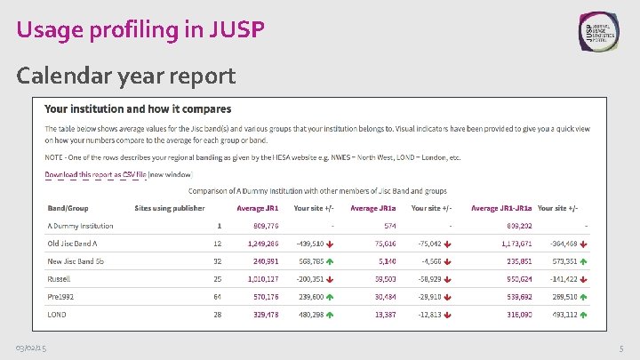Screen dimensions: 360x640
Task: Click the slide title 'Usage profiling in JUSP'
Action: click(140, 29)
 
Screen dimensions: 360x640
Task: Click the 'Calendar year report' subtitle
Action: click(126, 76)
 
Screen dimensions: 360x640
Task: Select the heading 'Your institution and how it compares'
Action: click(138, 109)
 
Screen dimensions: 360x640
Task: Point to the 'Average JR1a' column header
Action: click(373, 208)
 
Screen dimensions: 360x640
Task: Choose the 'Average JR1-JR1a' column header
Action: click(501, 208)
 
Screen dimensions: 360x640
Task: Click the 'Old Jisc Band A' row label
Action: click(74, 243)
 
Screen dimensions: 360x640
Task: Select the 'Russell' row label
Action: click(59, 278)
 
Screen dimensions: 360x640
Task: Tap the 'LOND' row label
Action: click(57, 314)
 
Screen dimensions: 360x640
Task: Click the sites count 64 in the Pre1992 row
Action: click(217, 296)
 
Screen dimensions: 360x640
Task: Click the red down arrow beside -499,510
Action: click(330, 244)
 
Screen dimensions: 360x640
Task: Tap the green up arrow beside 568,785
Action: click(330, 261)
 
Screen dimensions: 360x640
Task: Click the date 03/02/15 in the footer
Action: click(32, 347)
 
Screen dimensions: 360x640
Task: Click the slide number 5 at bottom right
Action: click(620, 347)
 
